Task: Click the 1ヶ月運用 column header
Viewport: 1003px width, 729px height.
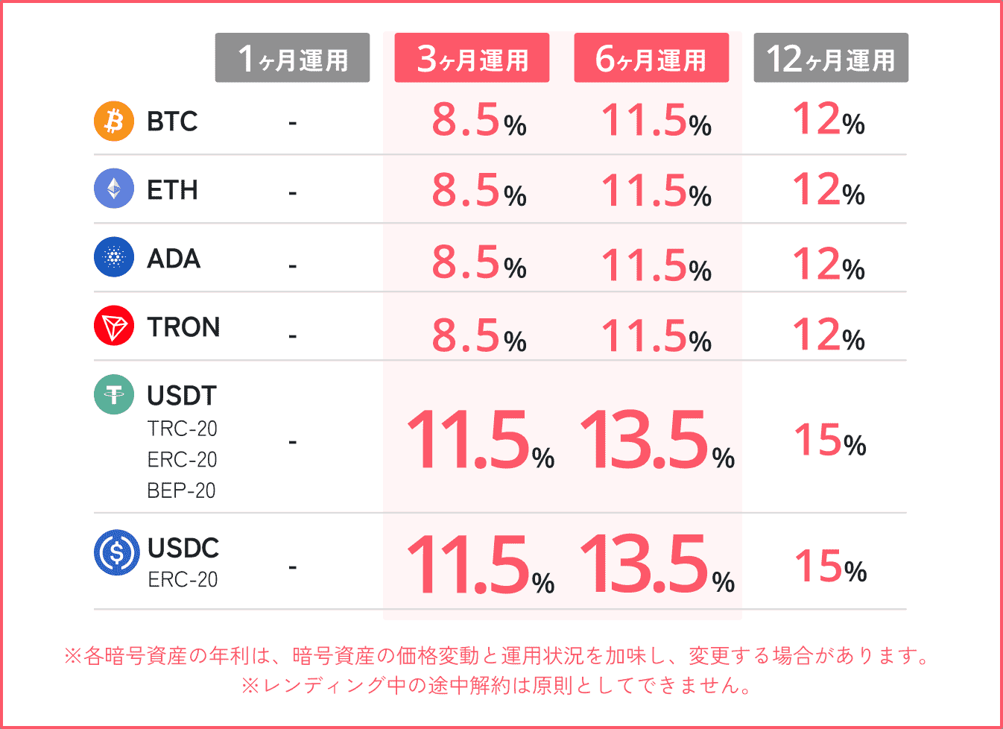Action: [x=292, y=58]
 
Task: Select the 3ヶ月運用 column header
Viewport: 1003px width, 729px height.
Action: [x=472, y=58]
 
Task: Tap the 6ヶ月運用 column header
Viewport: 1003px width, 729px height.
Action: [x=651, y=58]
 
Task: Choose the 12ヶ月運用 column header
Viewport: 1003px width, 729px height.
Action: [x=831, y=58]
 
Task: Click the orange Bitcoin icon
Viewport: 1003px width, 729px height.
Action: [x=114, y=121]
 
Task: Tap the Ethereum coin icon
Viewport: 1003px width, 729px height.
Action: [x=114, y=189]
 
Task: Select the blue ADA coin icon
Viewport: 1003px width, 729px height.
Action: [x=114, y=257]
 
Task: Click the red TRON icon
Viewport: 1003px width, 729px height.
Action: [x=114, y=326]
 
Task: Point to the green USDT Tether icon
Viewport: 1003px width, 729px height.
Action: [x=114, y=394]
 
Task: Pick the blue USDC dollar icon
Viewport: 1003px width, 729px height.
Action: [x=116, y=552]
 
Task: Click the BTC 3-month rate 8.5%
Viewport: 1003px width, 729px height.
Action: [x=478, y=121]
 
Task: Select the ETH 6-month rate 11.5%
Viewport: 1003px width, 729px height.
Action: [x=656, y=191]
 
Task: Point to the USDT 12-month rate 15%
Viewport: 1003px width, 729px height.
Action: [x=829, y=441]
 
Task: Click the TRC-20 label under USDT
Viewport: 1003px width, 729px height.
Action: [x=182, y=429]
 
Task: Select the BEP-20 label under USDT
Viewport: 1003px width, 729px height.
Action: [x=181, y=490]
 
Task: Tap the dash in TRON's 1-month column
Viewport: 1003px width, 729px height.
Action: [x=293, y=336]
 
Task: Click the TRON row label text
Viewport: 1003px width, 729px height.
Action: [x=183, y=327]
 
